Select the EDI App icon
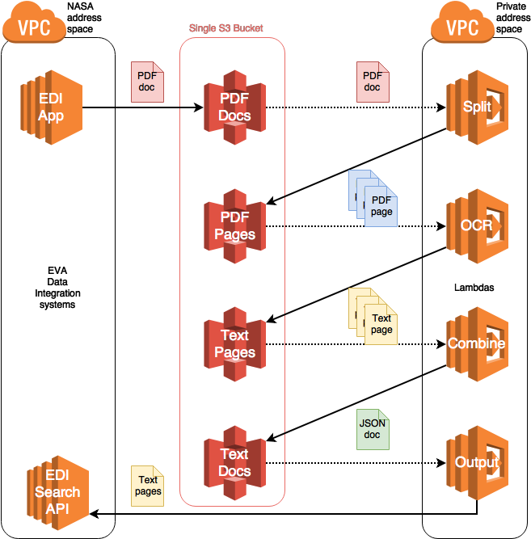click(x=51, y=107)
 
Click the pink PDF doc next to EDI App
click(x=147, y=82)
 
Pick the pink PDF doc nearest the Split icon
click(x=373, y=82)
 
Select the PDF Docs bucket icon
click(x=234, y=107)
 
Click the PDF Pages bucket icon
click(x=234, y=226)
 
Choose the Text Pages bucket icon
click(x=234, y=344)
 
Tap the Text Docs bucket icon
click(x=234, y=462)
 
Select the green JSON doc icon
click(x=373, y=429)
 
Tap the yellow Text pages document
click(x=147, y=486)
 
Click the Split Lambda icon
click(x=477, y=107)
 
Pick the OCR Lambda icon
click(x=477, y=226)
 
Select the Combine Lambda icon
click(x=477, y=344)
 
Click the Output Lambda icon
click(x=477, y=462)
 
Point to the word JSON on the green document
click(x=373, y=423)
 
